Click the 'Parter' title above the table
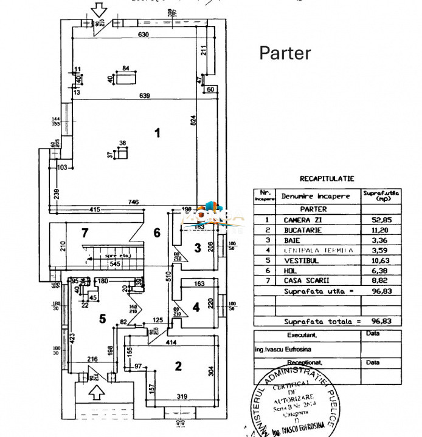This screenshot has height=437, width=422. click(x=285, y=53)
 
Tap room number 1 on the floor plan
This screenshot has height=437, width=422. click(x=157, y=133)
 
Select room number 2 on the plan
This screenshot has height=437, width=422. click(x=178, y=365)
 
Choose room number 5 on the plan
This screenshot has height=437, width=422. click(x=103, y=317)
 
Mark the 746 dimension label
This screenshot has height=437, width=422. click(x=134, y=202)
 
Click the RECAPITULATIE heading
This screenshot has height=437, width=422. click(x=327, y=179)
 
